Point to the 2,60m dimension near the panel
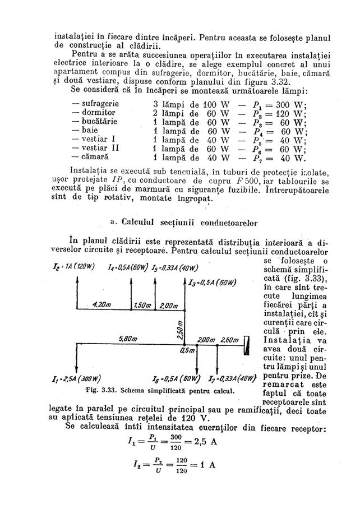[x=230, y=340]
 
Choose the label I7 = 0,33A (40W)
[x=232, y=377]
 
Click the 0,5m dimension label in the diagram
[x=186, y=351]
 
